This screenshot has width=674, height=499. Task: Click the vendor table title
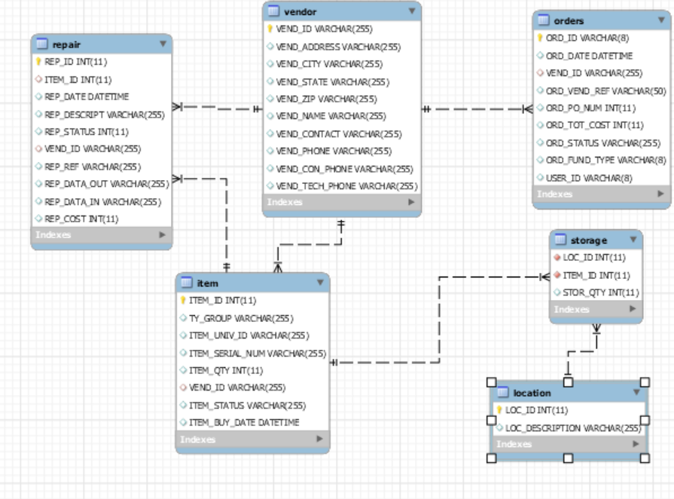point(301,12)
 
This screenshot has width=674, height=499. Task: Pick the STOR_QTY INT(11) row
point(600,292)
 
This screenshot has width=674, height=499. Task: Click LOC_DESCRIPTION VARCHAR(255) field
point(572,428)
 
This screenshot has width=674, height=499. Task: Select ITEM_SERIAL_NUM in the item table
point(257,353)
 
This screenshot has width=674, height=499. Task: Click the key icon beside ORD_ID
point(540,38)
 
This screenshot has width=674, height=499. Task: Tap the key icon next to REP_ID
point(38,62)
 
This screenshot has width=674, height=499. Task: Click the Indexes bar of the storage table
point(595,309)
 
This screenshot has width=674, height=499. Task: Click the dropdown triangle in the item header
point(320,283)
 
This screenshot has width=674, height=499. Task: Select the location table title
point(532,393)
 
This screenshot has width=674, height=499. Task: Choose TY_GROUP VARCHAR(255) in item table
point(241,318)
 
